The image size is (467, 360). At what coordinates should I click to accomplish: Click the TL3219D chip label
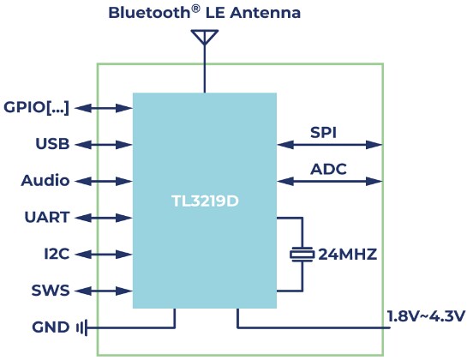204,202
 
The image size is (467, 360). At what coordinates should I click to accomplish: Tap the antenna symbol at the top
204,39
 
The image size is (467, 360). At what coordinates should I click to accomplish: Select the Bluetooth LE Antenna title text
204,14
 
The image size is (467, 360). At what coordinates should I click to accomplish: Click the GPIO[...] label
36,107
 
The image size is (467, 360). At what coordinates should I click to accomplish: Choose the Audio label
45,181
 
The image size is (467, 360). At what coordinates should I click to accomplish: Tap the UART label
47,218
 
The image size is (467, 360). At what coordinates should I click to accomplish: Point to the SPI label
323,132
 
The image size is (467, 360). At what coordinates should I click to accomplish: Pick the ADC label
328,170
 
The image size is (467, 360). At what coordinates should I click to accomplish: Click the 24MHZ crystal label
348,255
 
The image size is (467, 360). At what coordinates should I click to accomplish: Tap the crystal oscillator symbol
301,255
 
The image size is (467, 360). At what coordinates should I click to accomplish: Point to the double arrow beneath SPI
329,144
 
